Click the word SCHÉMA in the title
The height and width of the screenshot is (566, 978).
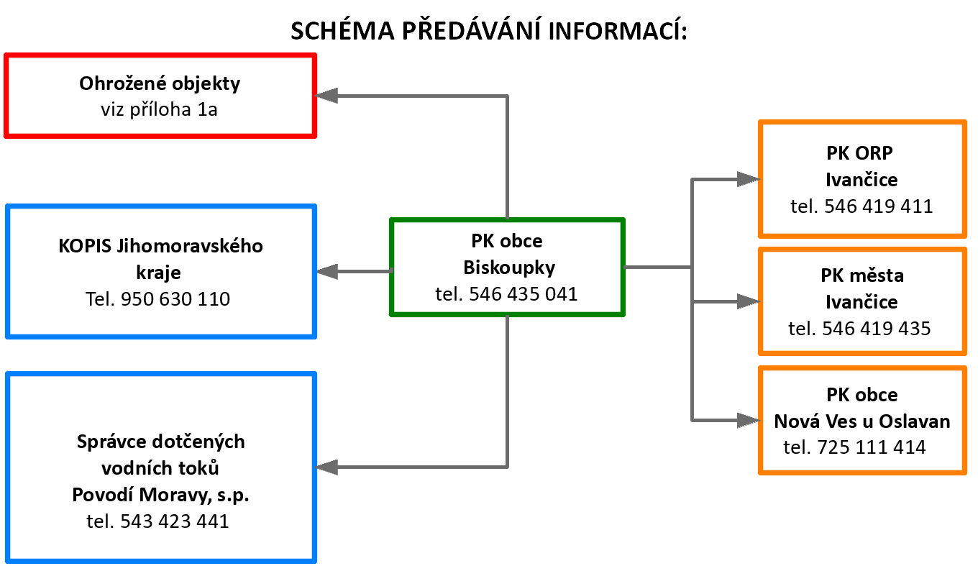tap(342, 31)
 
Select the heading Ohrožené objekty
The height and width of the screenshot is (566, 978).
tap(160, 84)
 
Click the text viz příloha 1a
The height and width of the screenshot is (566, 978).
tap(159, 109)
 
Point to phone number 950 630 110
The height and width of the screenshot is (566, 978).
tap(175, 299)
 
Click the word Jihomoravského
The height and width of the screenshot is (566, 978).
tap(190, 246)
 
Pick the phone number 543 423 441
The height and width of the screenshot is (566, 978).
tap(174, 521)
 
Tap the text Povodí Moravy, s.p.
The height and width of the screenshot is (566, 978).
tap(160, 496)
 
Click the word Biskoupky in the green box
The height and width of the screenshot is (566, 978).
tap(509, 268)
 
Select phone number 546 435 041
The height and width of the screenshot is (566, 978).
tap(523, 294)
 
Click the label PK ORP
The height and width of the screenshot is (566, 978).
tap(859, 153)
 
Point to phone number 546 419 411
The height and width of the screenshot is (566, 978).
tap(878, 206)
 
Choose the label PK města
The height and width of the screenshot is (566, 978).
tap(862, 275)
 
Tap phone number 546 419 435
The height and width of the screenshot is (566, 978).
tap(877, 329)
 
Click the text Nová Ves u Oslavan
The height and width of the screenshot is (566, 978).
tap(862, 421)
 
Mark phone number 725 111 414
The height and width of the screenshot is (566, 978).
tap(871, 447)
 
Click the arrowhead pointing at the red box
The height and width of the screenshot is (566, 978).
tap(326, 96)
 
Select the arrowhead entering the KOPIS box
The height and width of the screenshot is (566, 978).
tap(327, 272)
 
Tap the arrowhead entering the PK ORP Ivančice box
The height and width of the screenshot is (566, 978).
tap(749, 179)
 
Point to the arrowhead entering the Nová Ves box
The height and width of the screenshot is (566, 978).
tap(749, 420)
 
